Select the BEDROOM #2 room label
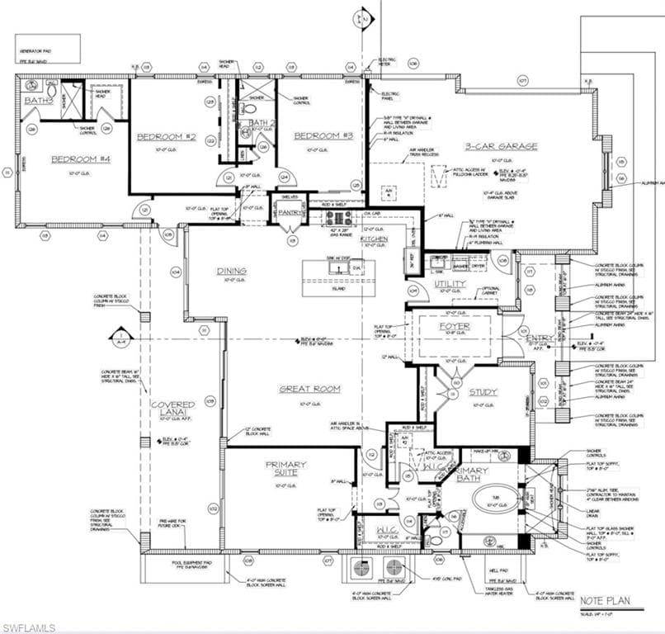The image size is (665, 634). click(x=166, y=136)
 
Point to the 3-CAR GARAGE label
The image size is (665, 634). click(x=500, y=146)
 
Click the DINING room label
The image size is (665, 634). click(x=232, y=271)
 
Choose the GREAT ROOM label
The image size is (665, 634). click(x=309, y=388)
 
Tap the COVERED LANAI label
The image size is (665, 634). click(x=173, y=409)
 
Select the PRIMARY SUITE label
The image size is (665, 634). click(x=286, y=469)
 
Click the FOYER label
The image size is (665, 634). click(x=454, y=326)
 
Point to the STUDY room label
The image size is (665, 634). click(x=483, y=392)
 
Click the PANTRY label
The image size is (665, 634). click(x=292, y=212)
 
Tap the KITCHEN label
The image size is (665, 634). click(x=374, y=239)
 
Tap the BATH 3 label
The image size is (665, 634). click(x=38, y=101)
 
